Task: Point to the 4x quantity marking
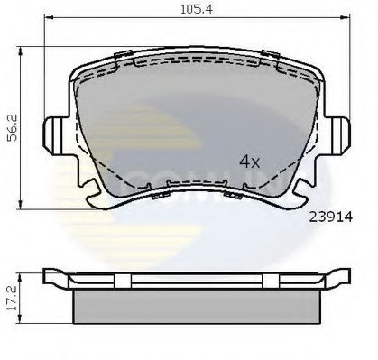point(249,162)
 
